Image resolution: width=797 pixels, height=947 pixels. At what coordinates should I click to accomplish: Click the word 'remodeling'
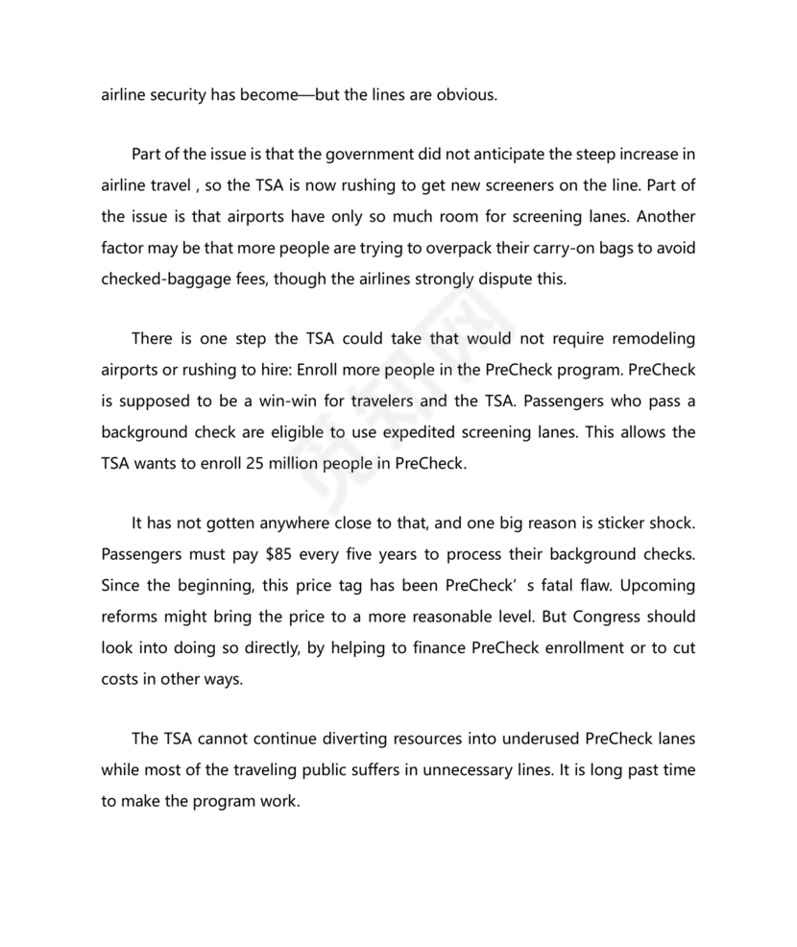647,339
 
